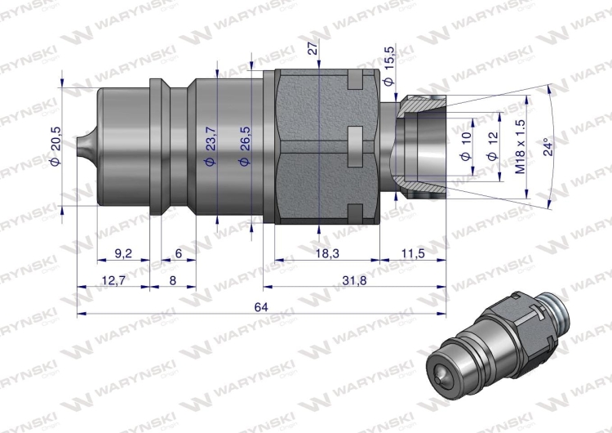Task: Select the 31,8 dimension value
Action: click(x=354, y=281)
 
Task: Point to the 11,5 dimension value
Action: click(x=414, y=254)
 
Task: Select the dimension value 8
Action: click(x=172, y=281)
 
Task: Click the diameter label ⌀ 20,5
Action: click(x=55, y=145)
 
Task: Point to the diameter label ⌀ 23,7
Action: click(x=211, y=146)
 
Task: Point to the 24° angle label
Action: click(x=548, y=146)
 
